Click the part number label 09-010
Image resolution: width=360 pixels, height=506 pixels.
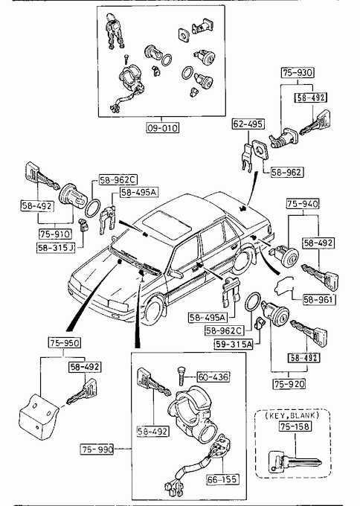[x=162, y=128]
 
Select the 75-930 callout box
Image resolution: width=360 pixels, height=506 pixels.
[x=298, y=73]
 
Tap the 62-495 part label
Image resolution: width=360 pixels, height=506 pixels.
[x=248, y=124]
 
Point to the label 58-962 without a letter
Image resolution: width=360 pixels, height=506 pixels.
[x=286, y=172]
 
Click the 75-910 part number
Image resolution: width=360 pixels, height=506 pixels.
[x=55, y=234]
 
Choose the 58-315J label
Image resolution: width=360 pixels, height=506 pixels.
[x=56, y=248]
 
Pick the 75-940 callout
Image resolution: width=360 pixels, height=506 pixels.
[x=302, y=204]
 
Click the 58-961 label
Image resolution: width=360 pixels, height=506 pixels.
[x=318, y=300]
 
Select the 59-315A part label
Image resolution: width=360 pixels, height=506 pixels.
[x=234, y=345]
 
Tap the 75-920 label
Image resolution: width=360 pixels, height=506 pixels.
[x=289, y=384]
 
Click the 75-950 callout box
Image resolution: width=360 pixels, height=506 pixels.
[x=65, y=343]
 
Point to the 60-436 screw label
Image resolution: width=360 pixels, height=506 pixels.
[x=213, y=377]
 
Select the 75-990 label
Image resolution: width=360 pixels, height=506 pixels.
[x=97, y=449]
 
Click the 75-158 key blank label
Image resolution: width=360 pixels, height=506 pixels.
[x=295, y=426]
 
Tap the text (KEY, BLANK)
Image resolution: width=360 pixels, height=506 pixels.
[x=292, y=415]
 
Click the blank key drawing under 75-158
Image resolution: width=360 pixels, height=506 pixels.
[x=295, y=462]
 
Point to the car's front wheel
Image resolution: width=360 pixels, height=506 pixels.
[x=155, y=310]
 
